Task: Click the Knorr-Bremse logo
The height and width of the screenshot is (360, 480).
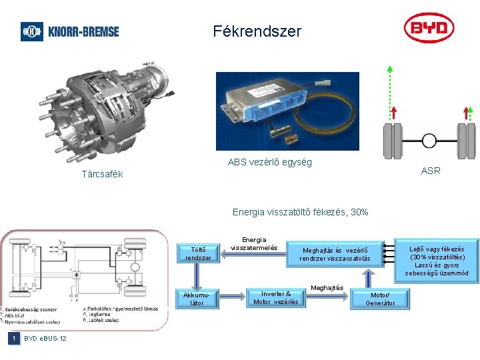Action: tap(70, 31)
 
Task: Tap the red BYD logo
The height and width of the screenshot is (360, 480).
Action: tap(429, 29)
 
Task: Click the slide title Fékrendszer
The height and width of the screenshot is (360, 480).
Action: tap(257, 31)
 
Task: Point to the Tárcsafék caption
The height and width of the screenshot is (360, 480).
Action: tap(101, 175)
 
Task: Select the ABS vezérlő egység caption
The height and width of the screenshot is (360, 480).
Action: tap(269, 162)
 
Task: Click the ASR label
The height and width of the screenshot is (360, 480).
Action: tap(431, 171)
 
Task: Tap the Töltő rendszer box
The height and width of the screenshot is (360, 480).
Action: tap(198, 253)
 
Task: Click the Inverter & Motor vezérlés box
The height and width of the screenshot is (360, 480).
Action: tap(276, 298)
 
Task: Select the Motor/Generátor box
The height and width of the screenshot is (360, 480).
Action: tap(380, 299)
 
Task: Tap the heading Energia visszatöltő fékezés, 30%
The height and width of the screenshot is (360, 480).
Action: tap(300, 212)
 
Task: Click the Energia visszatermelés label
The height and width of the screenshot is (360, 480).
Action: tap(254, 244)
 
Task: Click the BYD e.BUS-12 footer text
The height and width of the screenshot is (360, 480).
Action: tap(45, 339)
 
